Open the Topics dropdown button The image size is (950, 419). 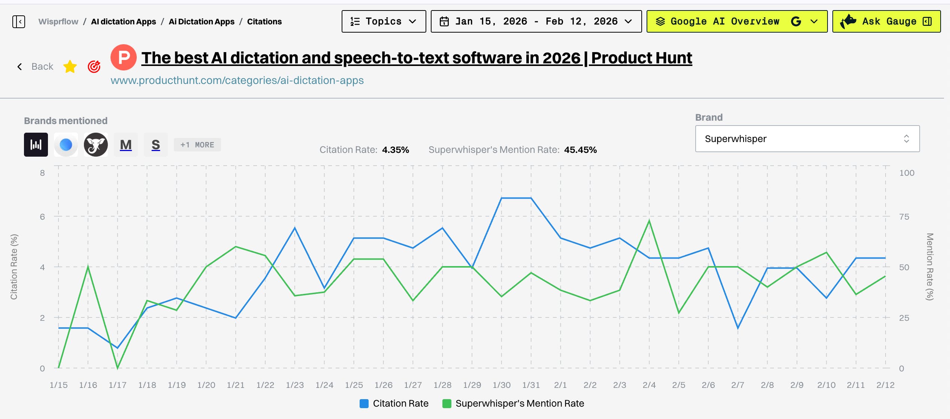point(384,21)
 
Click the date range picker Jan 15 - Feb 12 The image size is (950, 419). point(536,21)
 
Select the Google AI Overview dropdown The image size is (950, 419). point(736,21)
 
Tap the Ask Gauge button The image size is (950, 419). point(886,21)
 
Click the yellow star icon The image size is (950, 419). point(70,67)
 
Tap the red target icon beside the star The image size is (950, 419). point(94,67)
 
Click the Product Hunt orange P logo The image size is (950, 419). point(124,58)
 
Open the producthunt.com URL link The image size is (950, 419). point(237,81)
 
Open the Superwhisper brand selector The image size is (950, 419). point(807,139)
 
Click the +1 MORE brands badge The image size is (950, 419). point(197,145)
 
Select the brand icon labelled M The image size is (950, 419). point(126,145)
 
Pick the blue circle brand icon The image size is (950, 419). point(66,145)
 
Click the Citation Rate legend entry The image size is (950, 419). point(394,404)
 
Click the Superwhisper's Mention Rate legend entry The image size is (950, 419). point(513,404)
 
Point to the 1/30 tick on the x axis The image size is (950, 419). point(502,385)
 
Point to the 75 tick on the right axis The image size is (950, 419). point(904,217)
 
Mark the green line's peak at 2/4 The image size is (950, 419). point(649,221)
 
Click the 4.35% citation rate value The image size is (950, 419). point(396,150)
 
